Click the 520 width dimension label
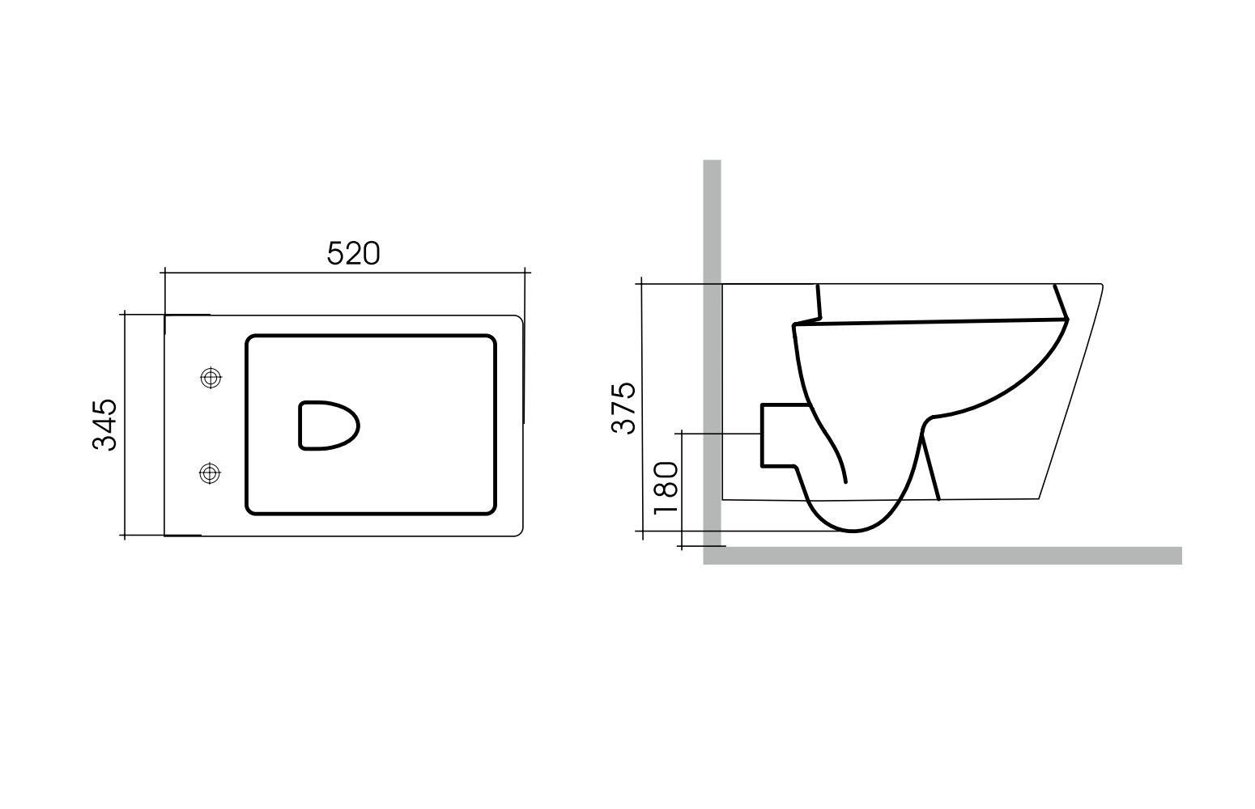click(353, 254)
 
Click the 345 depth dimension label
click(105, 425)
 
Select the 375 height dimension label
click(624, 408)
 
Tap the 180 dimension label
click(665, 488)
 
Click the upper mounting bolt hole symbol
click(211, 377)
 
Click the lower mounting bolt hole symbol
click(210, 473)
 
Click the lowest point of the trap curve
click(852, 532)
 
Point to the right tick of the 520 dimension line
click(526, 273)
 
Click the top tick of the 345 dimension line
click(125, 314)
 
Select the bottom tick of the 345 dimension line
click(125, 536)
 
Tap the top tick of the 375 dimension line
click(641, 284)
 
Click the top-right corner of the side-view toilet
click(1101, 285)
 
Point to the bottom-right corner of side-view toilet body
click(1038, 498)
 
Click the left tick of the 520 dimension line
click(164, 273)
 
